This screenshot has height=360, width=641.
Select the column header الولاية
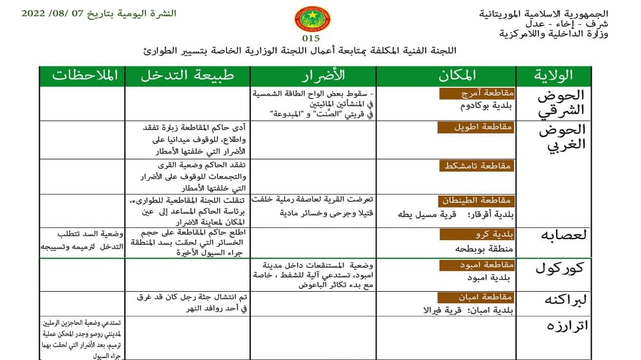(553, 75)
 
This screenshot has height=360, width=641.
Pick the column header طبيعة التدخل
(187, 75)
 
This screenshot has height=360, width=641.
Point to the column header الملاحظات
(85, 75)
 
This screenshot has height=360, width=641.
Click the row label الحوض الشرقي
(560, 103)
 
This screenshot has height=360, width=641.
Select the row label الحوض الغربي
(561, 137)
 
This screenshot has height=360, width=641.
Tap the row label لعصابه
(563, 234)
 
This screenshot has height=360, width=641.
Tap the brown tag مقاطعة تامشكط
(478, 166)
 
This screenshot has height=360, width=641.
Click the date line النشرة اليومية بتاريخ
(99, 14)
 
